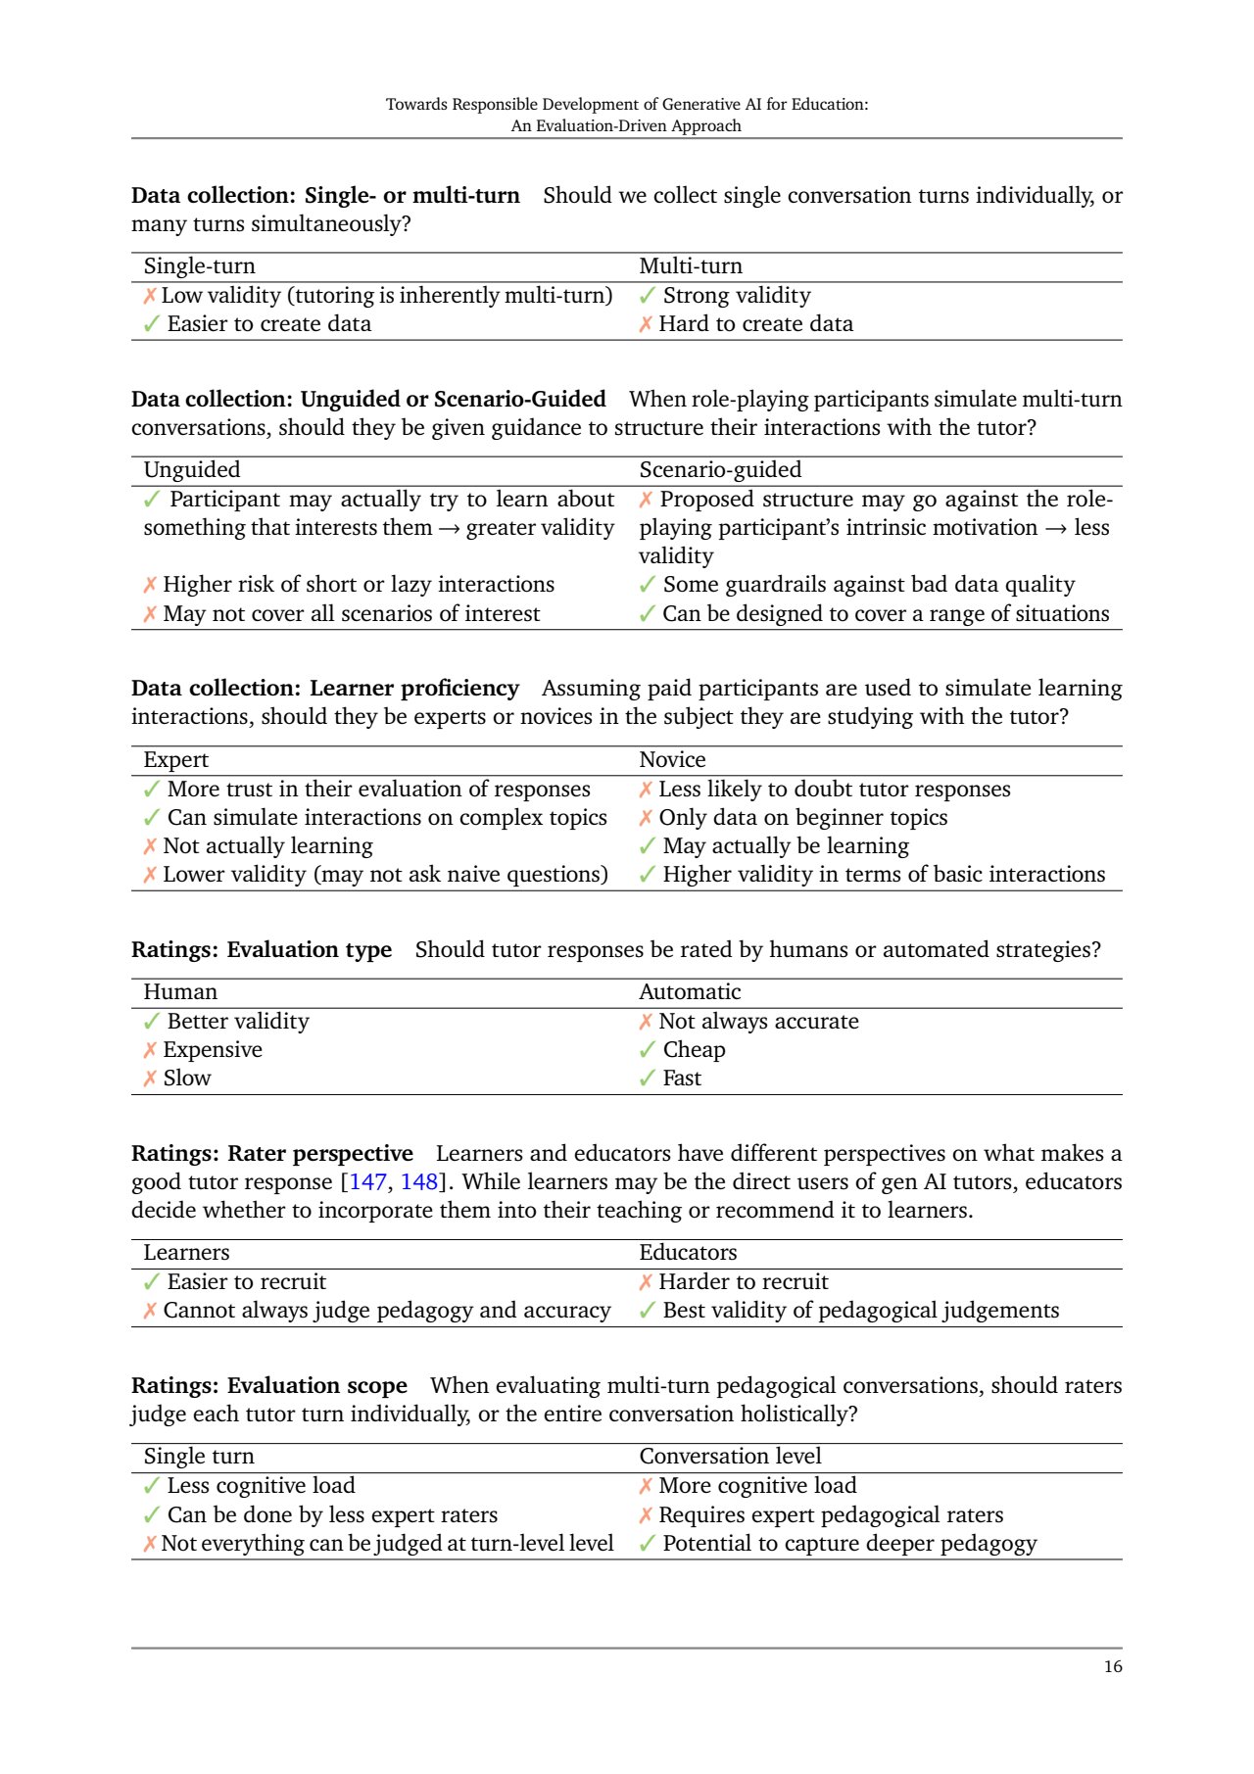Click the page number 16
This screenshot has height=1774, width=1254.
[1113, 1666]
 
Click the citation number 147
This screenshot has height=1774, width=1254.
[368, 1181]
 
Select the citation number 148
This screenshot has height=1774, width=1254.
[418, 1181]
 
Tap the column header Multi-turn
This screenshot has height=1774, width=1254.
[691, 265]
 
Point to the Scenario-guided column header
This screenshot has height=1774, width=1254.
[720, 469]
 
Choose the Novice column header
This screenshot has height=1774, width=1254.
[672, 759]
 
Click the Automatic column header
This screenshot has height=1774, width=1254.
[690, 991]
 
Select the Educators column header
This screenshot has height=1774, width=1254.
[688, 1252]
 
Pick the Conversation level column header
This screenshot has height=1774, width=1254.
[730, 1456]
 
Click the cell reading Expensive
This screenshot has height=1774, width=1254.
[213, 1049]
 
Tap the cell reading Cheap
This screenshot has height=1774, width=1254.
[694, 1049]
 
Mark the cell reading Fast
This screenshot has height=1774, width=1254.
[682, 1078]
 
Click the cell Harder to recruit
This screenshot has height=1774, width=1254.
[743, 1281]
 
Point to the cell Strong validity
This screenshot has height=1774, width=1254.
[737, 295]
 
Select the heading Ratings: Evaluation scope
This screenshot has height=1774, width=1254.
[269, 1385]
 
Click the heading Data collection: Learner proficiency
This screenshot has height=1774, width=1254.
[325, 688]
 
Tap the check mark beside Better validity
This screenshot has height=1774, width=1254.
[151, 1021]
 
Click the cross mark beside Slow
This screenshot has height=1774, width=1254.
[150, 1079]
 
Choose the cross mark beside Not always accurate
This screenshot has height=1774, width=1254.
[646, 1022]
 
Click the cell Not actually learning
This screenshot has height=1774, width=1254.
[267, 845]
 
